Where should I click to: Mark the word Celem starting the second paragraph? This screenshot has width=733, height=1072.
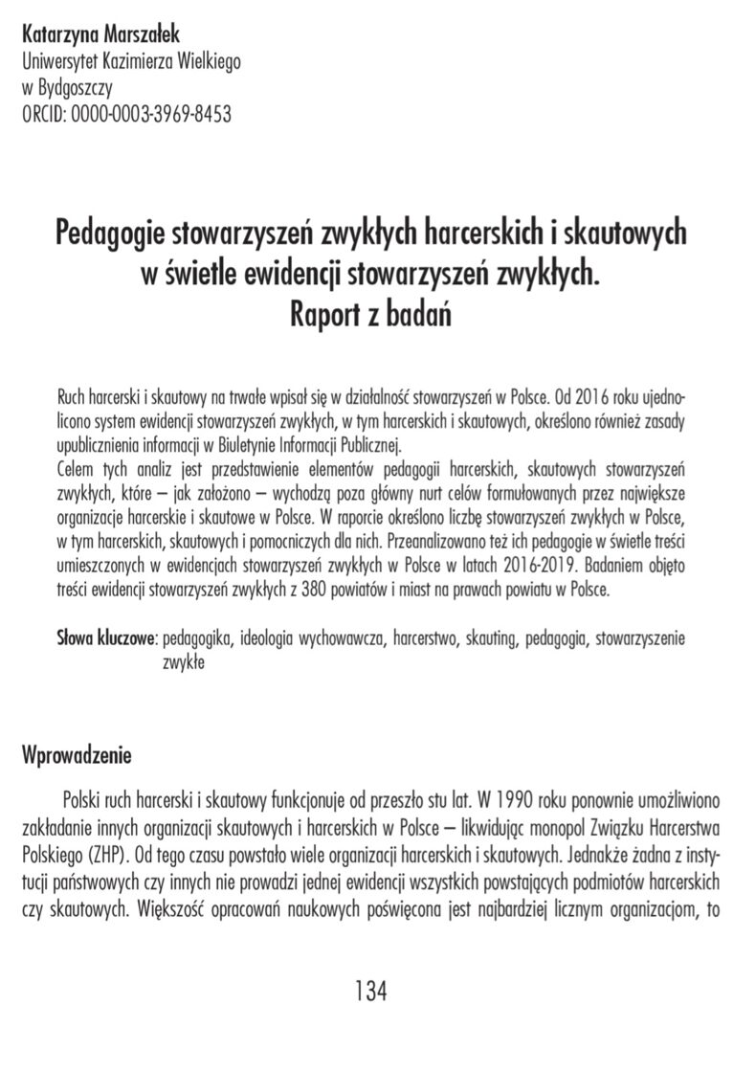tap(79, 471)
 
